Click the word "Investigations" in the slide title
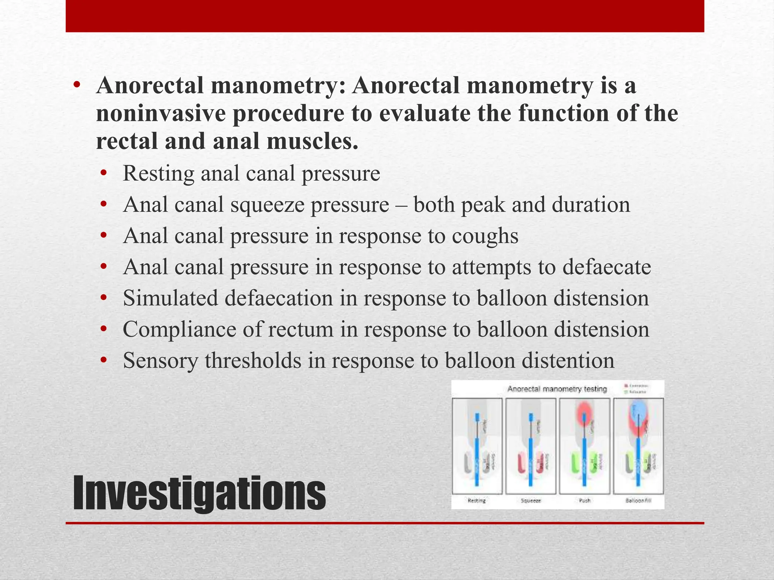[x=199, y=493]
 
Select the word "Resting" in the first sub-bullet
[x=158, y=174]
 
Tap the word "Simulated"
[x=170, y=298]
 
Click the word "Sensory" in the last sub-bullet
[x=160, y=361]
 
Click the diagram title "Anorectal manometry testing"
[x=557, y=389]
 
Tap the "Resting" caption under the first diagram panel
[x=477, y=501]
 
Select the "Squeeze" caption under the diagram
[x=531, y=501]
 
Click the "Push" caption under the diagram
[x=585, y=501]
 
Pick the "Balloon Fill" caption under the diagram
[x=638, y=501]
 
